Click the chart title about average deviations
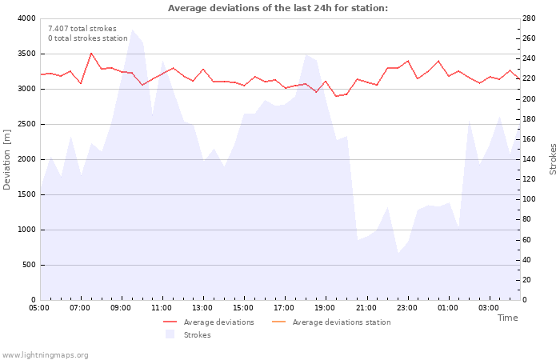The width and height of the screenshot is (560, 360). point(278,8)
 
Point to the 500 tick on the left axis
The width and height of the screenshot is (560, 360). point(28,265)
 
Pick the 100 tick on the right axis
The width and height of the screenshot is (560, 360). point(531,199)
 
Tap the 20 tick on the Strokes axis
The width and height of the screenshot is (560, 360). point(529,280)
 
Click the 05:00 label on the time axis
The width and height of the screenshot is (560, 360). point(39,307)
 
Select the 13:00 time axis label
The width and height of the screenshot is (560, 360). point(202,307)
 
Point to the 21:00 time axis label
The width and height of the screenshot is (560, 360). point(366,307)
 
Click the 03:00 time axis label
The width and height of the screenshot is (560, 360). point(488,307)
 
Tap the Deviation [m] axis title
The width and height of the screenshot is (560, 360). point(7,159)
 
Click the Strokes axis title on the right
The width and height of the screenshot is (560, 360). point(553,159)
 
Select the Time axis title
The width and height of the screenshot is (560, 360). point(507,318)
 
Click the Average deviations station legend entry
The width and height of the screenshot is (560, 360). point(342,322)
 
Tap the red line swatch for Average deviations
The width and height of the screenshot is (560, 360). point(170,322)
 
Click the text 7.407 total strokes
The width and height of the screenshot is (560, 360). point(82,29)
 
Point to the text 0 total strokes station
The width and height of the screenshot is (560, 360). point(87,38)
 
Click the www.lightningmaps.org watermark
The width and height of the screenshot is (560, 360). point(46,354)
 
